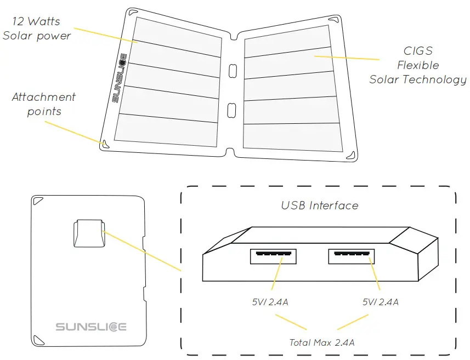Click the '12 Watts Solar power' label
click(37, 29)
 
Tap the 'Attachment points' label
click(44, 104)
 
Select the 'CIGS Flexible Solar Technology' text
click(418, 65)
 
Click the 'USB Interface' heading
click(319, 206)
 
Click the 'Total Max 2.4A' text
click(321, 342)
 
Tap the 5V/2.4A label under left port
click(271, 302)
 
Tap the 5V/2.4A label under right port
click(380, 302)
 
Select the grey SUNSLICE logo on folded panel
click(91, 327)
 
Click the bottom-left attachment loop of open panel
click(103, 143)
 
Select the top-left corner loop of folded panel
click(38, 201)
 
